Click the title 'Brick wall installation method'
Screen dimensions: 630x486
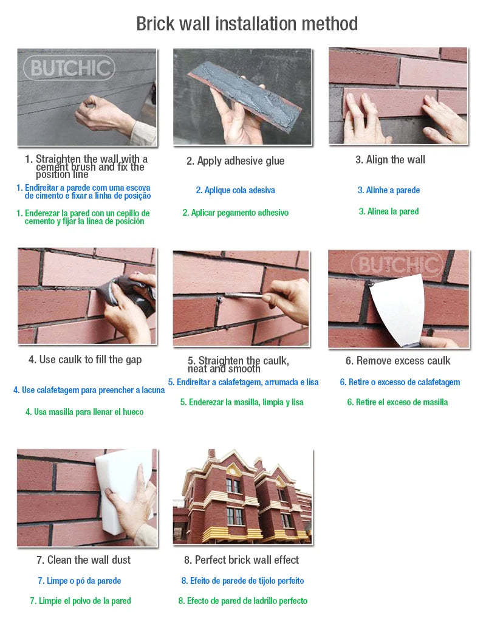coord(247,24)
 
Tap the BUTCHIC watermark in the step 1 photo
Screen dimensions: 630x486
coord(69,68)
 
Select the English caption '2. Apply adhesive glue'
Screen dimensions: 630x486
coord(235,161)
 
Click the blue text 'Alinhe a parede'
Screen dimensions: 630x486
coord(389,190)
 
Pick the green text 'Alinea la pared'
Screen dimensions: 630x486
coord(389,211)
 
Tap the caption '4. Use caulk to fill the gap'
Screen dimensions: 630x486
coord(85,360)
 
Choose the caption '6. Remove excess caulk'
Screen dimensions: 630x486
coord(398,361)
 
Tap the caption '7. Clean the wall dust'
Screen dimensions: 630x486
coord(83,560)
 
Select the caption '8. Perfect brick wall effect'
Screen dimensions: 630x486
coord(241,560)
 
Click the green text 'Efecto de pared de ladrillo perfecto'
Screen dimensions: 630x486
coord(243,601)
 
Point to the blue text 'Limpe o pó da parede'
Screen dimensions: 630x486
coord(80,581)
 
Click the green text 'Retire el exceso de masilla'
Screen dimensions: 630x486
coord(397,402)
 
